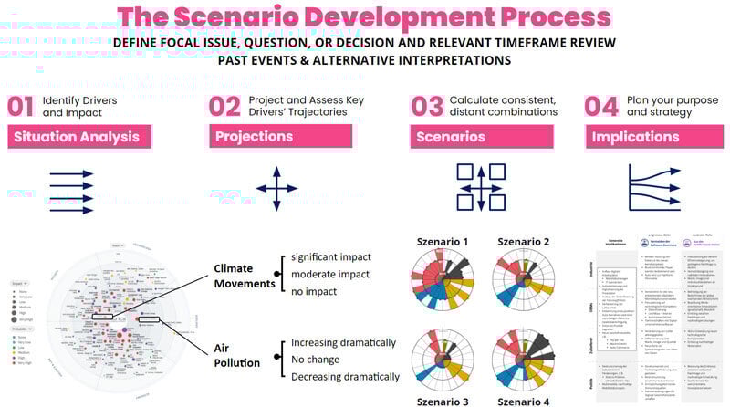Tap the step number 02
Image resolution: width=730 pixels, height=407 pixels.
pyautogui.click(x=224, y=106)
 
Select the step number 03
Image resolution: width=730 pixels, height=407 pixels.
pyautogui.click(x=427, y=106)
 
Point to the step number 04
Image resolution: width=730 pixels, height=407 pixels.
pyautogui.click(x=602, y=106)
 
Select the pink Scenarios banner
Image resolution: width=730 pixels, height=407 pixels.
pyautogui.click(x=481, y=137)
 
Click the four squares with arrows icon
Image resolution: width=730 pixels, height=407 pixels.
pyautogui.click(x=481, y=189)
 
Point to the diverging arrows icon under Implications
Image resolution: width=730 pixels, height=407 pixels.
pyautogui.click(x=654, y=189)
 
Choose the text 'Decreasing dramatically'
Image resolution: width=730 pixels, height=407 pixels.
pyautogui.click(x=343, y=377)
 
